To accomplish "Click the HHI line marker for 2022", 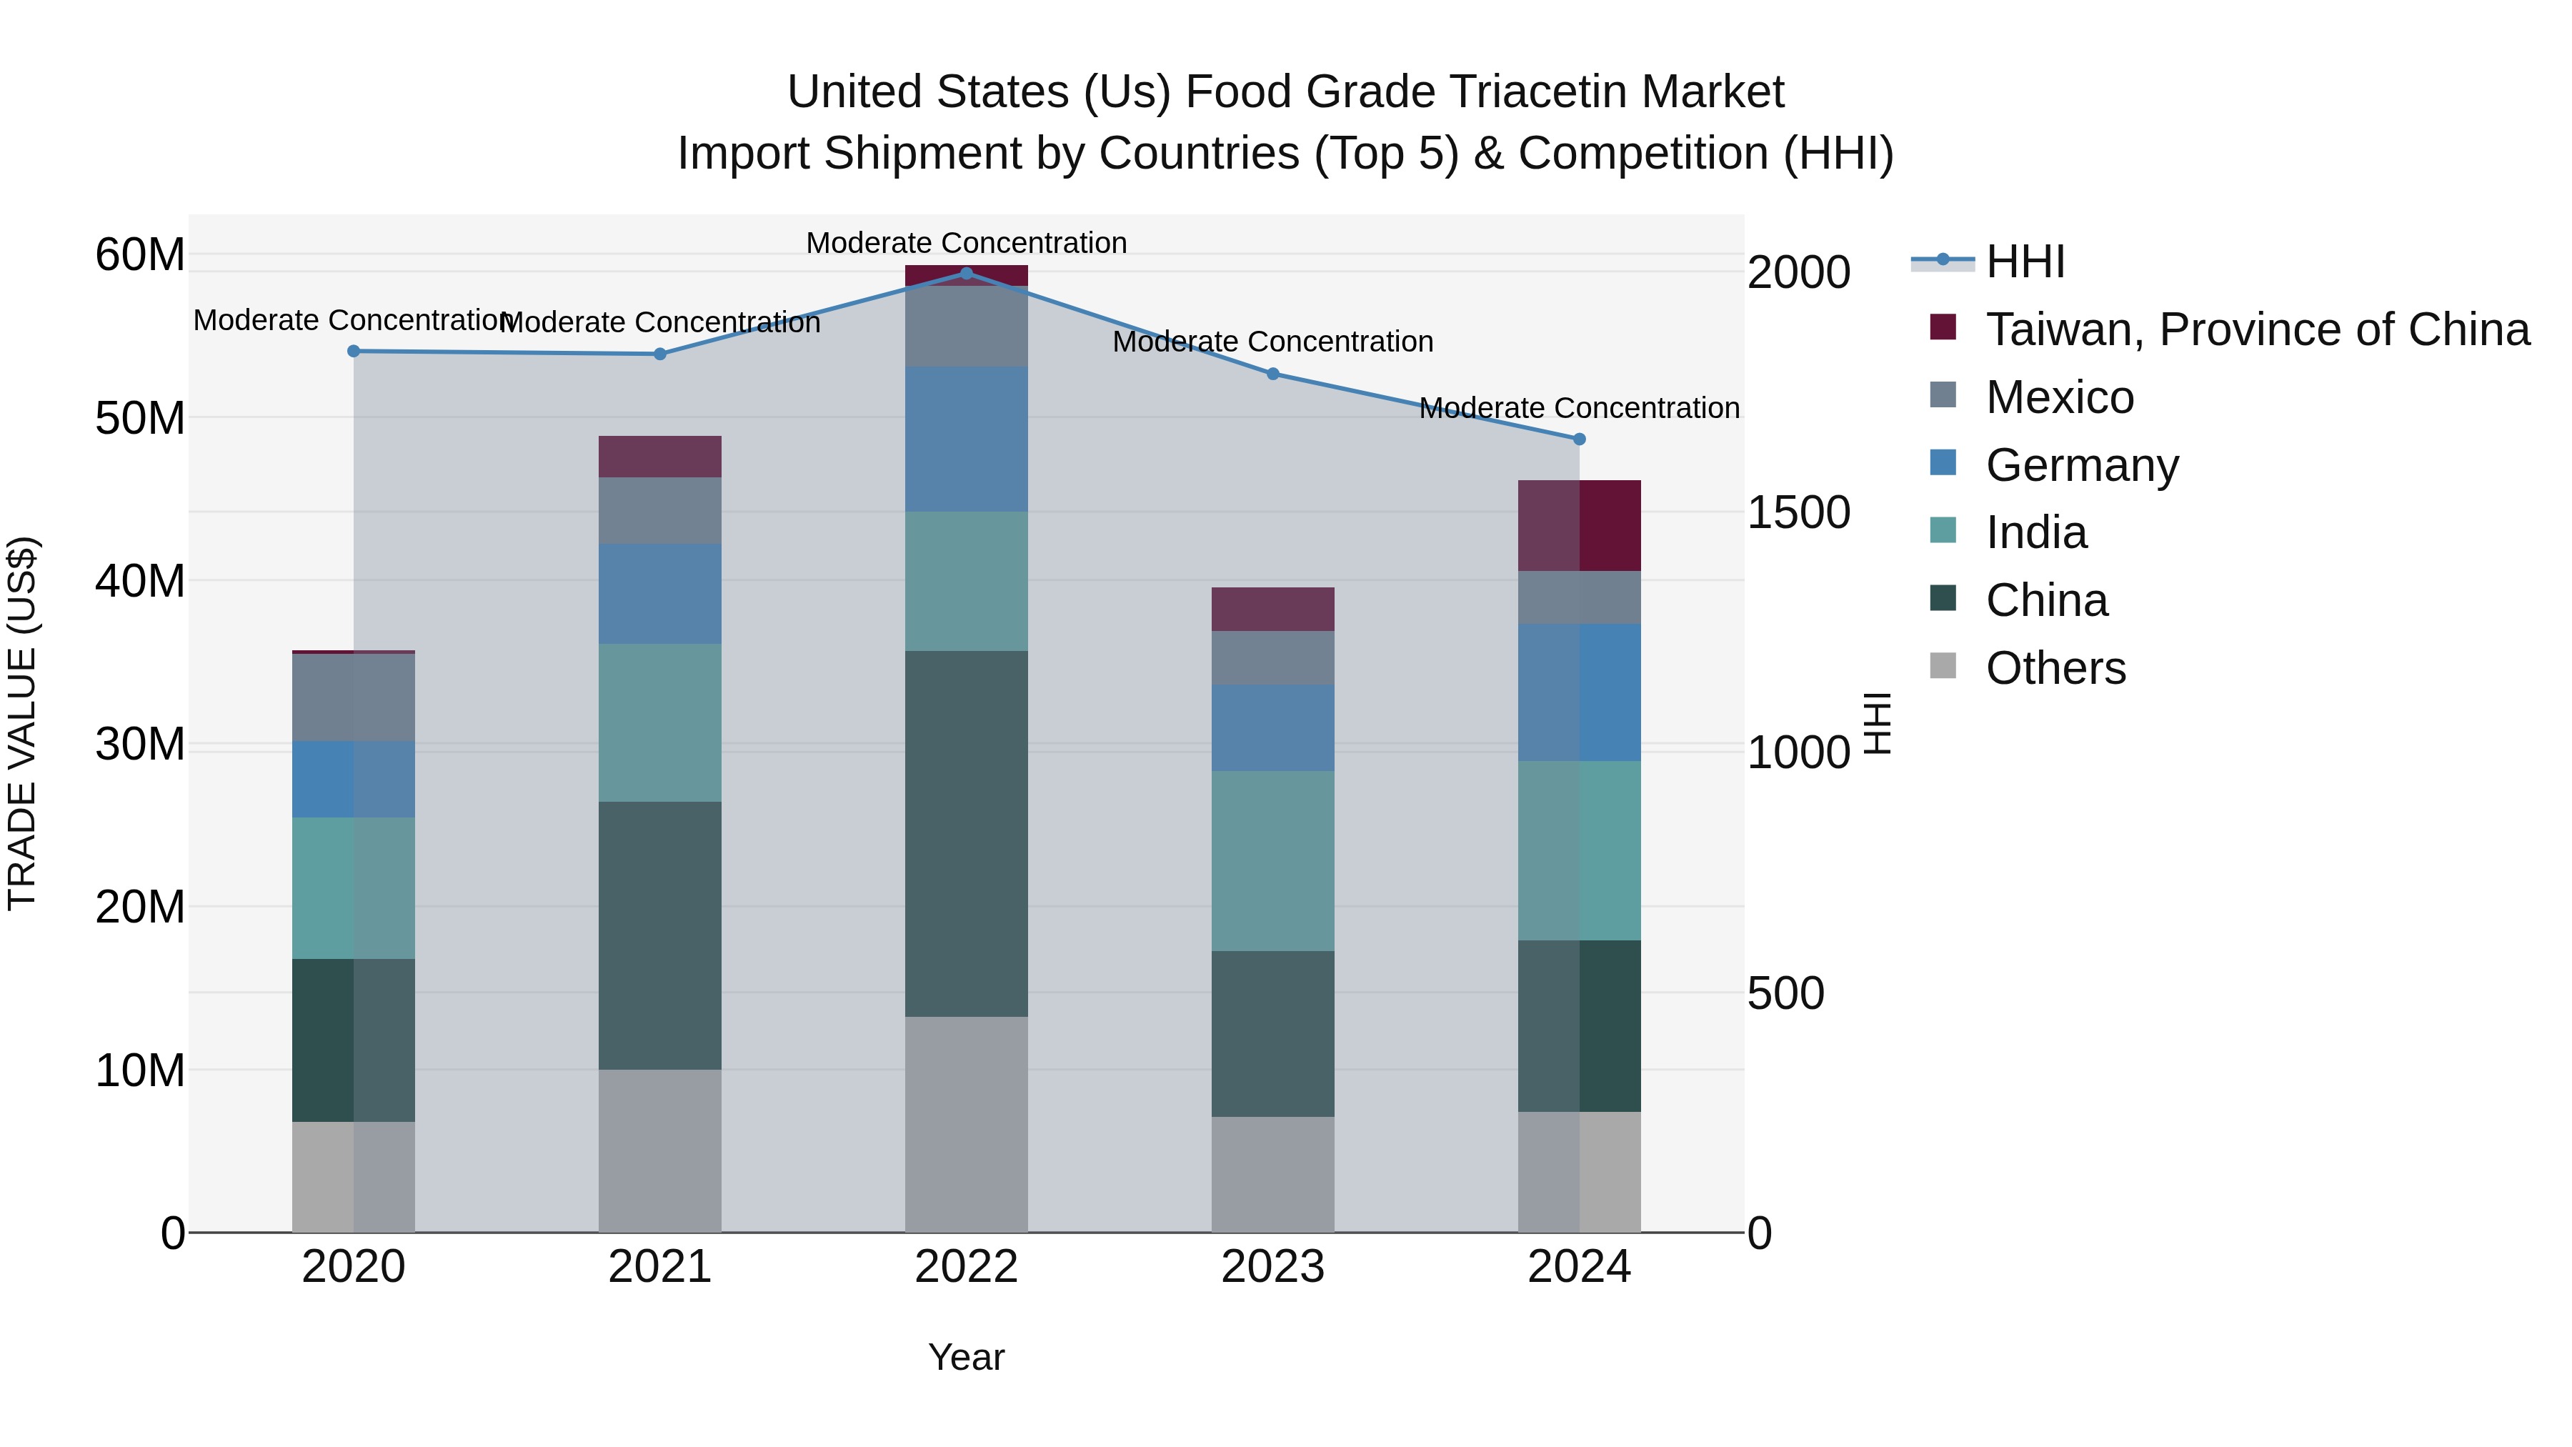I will [965, 273].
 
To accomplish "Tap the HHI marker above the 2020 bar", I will [354, 351].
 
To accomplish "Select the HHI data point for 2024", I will [1578, 439].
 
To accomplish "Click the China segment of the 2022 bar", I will [965, 834].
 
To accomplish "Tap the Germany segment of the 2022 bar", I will [965, 439].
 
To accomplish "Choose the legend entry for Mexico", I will [2059, 397].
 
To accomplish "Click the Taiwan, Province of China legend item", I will [2256, 329].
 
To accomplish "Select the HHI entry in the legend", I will [2024, 262].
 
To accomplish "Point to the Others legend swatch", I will [1943, 665].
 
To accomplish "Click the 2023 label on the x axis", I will [1272, 1267].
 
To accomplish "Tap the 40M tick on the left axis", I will [140, 580].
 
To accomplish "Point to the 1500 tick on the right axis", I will [1798, 512].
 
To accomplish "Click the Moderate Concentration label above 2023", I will [1272, 342].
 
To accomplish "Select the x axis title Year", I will [965, 1357].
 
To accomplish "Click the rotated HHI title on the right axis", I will [1877, 723].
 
